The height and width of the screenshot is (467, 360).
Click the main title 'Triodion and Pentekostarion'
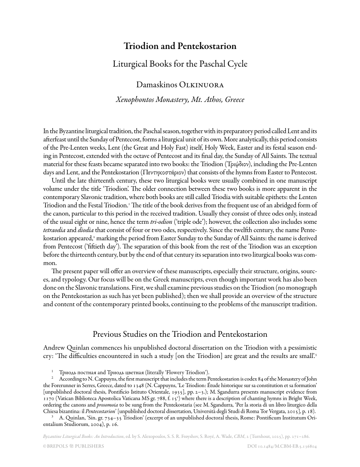coord(180,46)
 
